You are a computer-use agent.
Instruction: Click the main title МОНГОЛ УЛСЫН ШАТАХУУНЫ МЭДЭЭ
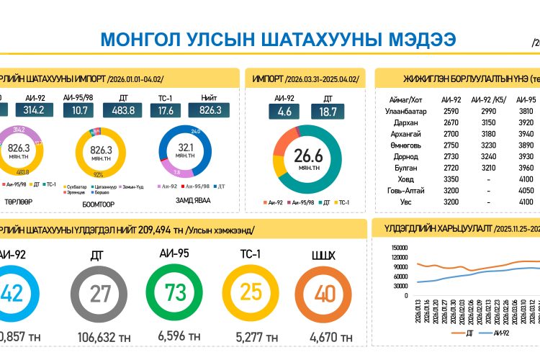click(277, 40)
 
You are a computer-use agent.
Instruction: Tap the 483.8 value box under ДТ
click(124, 110)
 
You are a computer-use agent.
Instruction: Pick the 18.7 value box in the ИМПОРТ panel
click(327, 111)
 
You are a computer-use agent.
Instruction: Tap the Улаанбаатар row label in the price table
click(407, 112)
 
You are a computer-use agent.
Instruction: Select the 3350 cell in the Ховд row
click(451, 179)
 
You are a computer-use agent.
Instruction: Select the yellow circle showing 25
click(251, 293)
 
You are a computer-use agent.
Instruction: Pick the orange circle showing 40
click(325, 294)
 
